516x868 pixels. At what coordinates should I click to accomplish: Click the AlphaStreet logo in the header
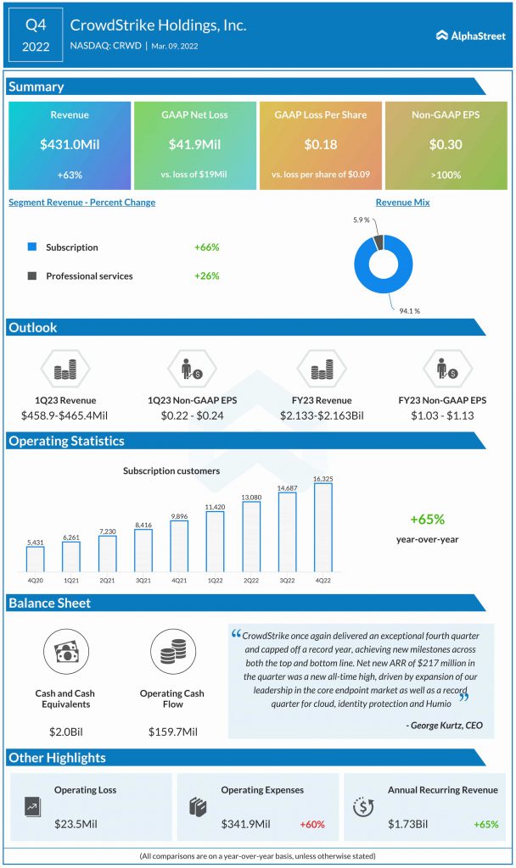pyautogui.click(x=470, y=35)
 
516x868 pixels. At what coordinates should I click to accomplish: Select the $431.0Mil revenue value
pyautogui.click(x=70, y=145)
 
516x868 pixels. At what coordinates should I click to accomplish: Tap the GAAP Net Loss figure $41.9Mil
pyautogui.click(x=195, y=145)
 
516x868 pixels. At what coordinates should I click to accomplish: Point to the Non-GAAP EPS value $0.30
pyautogui.click(x=446, y=145)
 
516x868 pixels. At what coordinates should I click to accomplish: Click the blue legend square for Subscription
pyautogui.click(x=32, y=248)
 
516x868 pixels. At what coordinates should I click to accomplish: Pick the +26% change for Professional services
pyautogui.click(x=206, y=275)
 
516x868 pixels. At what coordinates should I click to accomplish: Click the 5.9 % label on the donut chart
pyautogui.click(x=361, y=220)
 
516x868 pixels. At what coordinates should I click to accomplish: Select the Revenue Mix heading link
pyautogui.click(x=402, y=203)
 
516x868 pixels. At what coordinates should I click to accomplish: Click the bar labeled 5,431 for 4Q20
pyautogui.click(x=35, y=559)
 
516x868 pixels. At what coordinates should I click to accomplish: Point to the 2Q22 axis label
pyautogui.click(x=250, y=580)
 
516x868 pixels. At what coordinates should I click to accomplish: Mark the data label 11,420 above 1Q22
pyautogui.click(x=215, y=507)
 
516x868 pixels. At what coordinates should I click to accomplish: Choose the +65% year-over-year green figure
pyautogui.click(x=427, y=520)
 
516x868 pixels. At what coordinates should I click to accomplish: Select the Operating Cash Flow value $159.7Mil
pyautogui.click(x=168, y=731)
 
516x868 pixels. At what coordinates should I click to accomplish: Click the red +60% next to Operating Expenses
pyautogui.click(x=311, y=824)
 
